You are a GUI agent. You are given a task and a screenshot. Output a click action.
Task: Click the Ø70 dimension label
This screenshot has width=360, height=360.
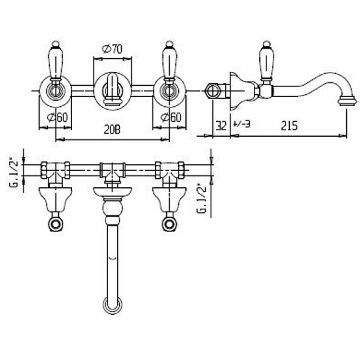click(x=112, y=49)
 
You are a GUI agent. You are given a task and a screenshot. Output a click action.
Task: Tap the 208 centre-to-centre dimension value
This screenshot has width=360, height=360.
click(x=112, y=130)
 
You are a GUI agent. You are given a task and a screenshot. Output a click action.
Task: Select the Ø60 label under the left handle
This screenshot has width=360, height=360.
click(x=57, y=118)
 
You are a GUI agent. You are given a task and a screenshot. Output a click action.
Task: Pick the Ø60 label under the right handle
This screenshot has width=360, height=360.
click(x=171, y=118)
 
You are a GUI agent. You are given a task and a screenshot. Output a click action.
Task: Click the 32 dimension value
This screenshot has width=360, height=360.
click(x=221, y=125)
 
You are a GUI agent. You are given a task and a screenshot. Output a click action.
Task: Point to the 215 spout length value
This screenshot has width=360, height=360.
click(x=289, y=125)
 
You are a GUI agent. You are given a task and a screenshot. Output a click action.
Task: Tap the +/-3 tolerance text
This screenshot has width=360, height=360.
click(x=241, y=124)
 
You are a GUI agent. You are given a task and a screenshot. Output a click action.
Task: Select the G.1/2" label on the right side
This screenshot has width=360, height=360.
click(x=202, y=199)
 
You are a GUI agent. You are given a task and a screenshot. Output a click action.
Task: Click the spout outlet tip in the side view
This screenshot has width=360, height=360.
click(x=348, y=101)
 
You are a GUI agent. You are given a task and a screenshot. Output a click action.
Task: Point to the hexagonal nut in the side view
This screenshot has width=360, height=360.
click(x=212, y=91)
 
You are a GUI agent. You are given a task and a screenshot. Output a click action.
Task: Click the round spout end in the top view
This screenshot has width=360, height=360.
click(x=113, y=305)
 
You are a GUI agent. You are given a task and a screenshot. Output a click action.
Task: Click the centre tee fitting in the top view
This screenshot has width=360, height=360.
click(x=113, y=171)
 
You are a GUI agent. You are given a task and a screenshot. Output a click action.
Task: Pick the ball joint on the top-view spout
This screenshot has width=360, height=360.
click(x=113, y=208)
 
